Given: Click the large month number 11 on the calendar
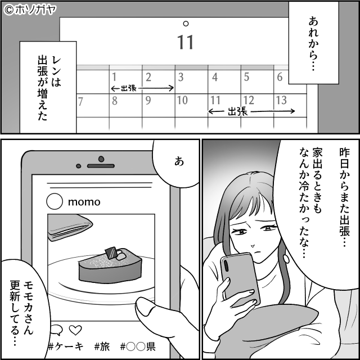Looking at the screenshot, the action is [186, 42].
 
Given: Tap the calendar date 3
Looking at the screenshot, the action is [181, 78].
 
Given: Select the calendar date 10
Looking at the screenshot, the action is [182, 100].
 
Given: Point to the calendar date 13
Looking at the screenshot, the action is [281, 100].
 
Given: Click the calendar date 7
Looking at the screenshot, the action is [80, 102].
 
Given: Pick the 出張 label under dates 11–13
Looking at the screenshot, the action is [237, 112].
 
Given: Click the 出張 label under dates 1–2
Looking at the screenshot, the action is [129, 88].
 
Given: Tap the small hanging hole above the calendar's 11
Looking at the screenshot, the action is [186, 24].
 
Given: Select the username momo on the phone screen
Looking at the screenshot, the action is [84, 202].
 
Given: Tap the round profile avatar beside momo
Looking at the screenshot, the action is [55, 201].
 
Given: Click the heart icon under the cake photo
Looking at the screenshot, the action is [75, 330].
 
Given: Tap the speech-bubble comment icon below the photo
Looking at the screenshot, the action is [56, 330].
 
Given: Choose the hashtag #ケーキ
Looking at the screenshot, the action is [65, 347].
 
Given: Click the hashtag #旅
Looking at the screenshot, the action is [102, 347].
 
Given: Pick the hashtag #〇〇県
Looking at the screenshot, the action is [138, 347].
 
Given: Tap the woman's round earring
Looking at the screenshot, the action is [286, 258].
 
